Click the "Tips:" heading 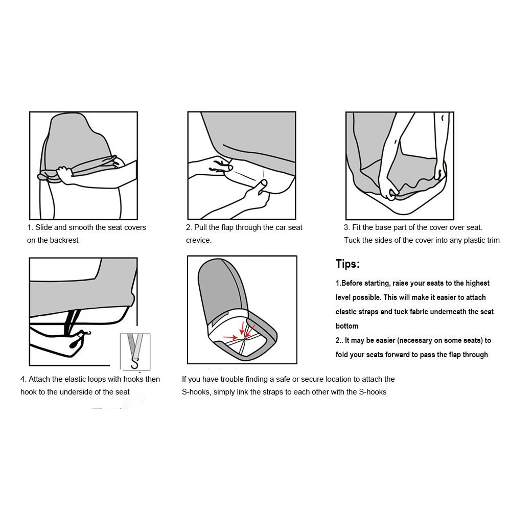click(x=347, y=264)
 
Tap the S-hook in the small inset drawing click(x=135, y=363)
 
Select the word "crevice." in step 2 click(x=199, y=240)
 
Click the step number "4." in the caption click(x=23, y=379)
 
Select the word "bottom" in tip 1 click(x=347, y=326)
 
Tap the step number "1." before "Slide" click(x=30, y=227)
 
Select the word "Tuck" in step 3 click(x=352, y=240)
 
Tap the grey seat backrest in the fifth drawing click(x=219, y=286)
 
